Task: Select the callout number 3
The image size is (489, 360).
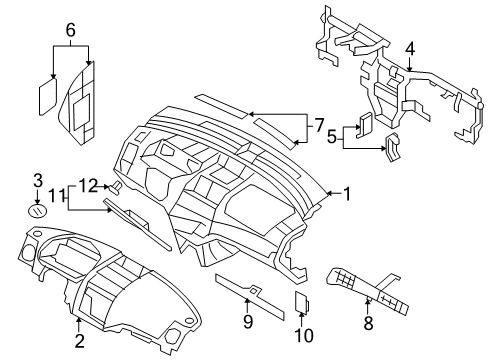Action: [37, 181]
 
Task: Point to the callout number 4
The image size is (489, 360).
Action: [409, 49]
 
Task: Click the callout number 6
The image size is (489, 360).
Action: [70, 31]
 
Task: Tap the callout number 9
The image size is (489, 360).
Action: [248, 321]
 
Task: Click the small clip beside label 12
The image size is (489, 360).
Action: [116, 186]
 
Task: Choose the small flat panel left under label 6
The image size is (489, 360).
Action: [47, 96]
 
